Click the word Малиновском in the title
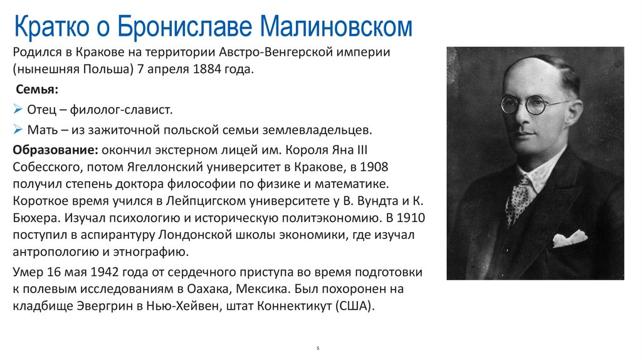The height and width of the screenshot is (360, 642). (335, 28)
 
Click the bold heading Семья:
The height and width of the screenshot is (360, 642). (37, 89)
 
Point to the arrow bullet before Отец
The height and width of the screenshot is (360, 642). (18, 110)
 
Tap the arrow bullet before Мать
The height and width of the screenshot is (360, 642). (18, 130)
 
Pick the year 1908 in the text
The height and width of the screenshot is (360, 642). (374, 167)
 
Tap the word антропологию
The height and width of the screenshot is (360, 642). (55, 252)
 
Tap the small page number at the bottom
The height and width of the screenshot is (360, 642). (318, 347)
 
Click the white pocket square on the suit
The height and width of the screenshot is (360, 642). (569, 238)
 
